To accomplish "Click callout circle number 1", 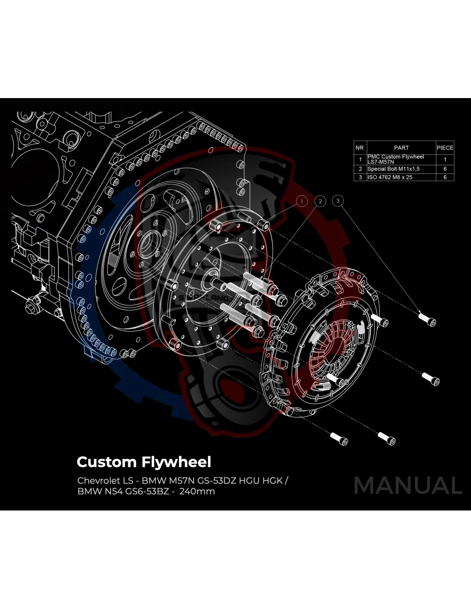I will pos(302,201).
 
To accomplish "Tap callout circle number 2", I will pos(320,201).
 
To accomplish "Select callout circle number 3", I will pos(338,200).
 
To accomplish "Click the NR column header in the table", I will pos(359,147).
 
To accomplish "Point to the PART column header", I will pos(401,147).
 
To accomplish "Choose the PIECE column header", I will pos(445,147).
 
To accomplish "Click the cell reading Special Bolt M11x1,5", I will pos(393,169).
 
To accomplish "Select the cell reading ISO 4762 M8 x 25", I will pos(390,177).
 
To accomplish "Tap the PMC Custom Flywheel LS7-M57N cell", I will pos(396,159).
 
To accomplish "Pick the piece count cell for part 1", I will pos(445,159).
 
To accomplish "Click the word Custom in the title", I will pos(106,462).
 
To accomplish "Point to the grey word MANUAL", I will pos(408,485).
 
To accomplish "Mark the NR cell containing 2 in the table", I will pos(360,169).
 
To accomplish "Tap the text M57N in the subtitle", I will pos(180,480).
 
